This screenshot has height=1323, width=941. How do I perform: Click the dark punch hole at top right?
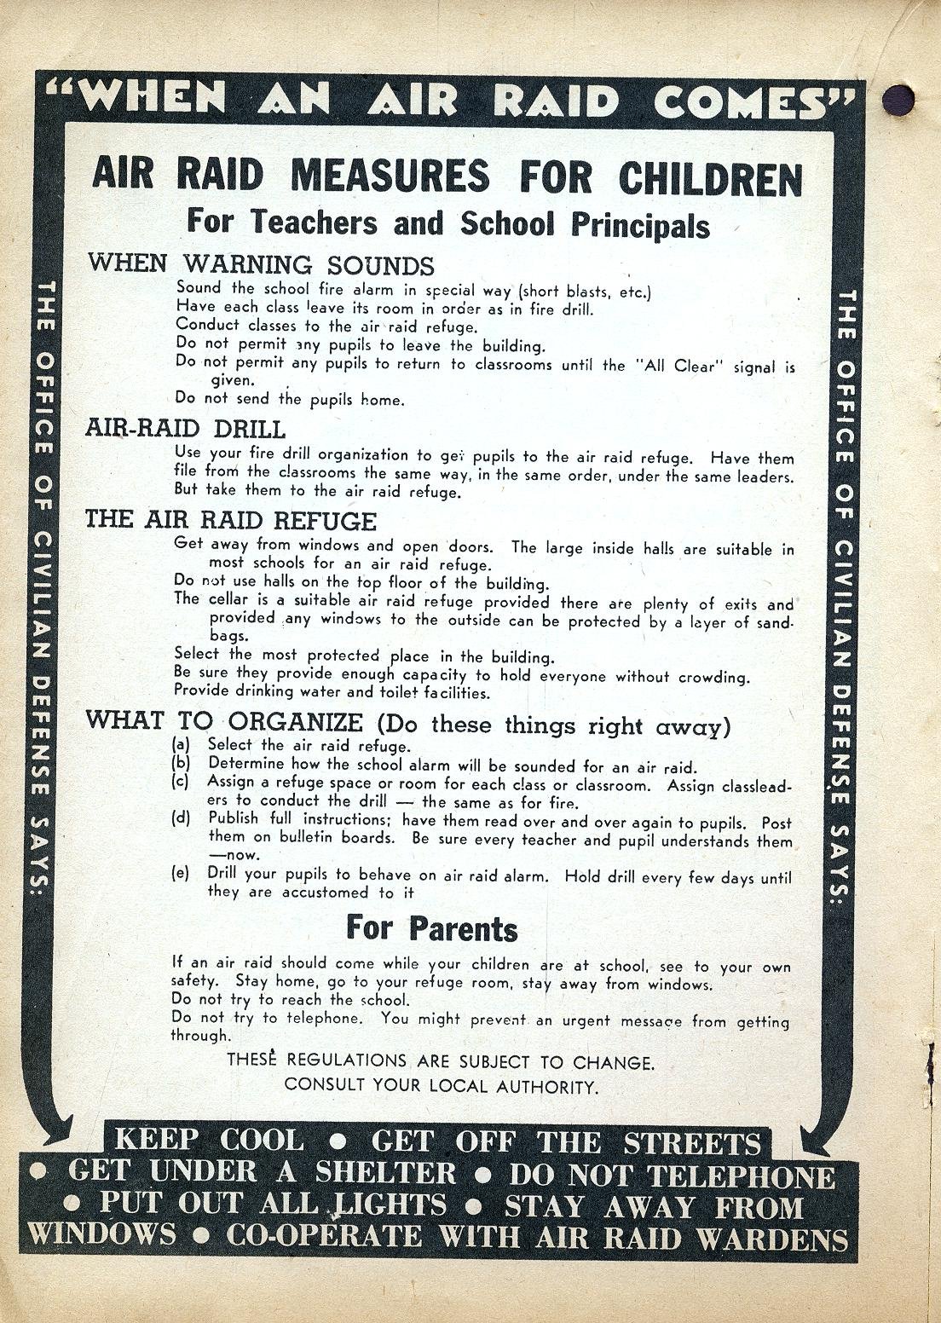pos(900,100)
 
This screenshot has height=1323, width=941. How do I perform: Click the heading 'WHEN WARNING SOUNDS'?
pos(261,263)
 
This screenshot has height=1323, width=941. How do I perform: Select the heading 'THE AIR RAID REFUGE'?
pos(230,520)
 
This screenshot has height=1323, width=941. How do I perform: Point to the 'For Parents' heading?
pos(431,927)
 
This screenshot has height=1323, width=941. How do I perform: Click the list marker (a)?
pos(181,745)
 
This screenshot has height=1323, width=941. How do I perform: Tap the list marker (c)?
pos(181,782)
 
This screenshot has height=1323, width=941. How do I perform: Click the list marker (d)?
pos(181,819)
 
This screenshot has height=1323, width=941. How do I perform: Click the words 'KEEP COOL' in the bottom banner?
pos(209,1141)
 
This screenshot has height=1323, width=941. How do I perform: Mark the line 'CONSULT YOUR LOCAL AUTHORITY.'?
pos(441,1086)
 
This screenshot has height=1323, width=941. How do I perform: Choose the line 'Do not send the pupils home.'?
pos(289,398)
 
